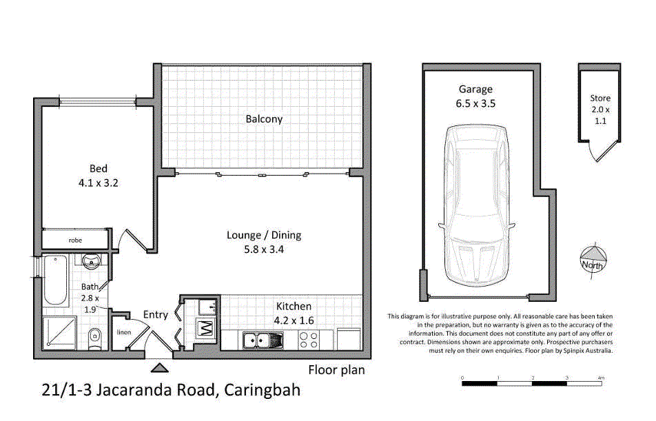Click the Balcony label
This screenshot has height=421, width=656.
(x=264, y=119)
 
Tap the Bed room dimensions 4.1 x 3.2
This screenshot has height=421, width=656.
(x=99, y=183)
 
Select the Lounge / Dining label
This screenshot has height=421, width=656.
(x=264, y=235)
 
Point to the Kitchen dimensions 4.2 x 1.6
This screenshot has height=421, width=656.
(x=294, y=320)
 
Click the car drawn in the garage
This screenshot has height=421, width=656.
(x=476, y=205)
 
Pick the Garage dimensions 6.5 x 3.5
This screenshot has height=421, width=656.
(x=475, y=103)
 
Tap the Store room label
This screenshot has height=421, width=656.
(x=600, y=99)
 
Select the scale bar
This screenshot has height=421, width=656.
(x=532, y=383)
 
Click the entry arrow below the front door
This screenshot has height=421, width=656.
(x=160, y=368)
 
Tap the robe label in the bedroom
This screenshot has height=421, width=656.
(x=75, y=240)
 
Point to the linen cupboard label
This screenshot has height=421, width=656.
(x=124, y=332)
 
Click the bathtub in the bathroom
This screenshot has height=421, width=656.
(x=55, y=280)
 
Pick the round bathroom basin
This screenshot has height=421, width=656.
(x=91, y=262)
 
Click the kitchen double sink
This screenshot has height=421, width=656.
(x=263, y=340)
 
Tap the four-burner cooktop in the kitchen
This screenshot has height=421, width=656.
(x=309, y=340)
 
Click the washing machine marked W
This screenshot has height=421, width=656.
(x=206, y=328)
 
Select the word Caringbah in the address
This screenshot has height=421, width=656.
(x=263, y=390)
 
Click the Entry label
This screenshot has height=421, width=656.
(x=156, y=315)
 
